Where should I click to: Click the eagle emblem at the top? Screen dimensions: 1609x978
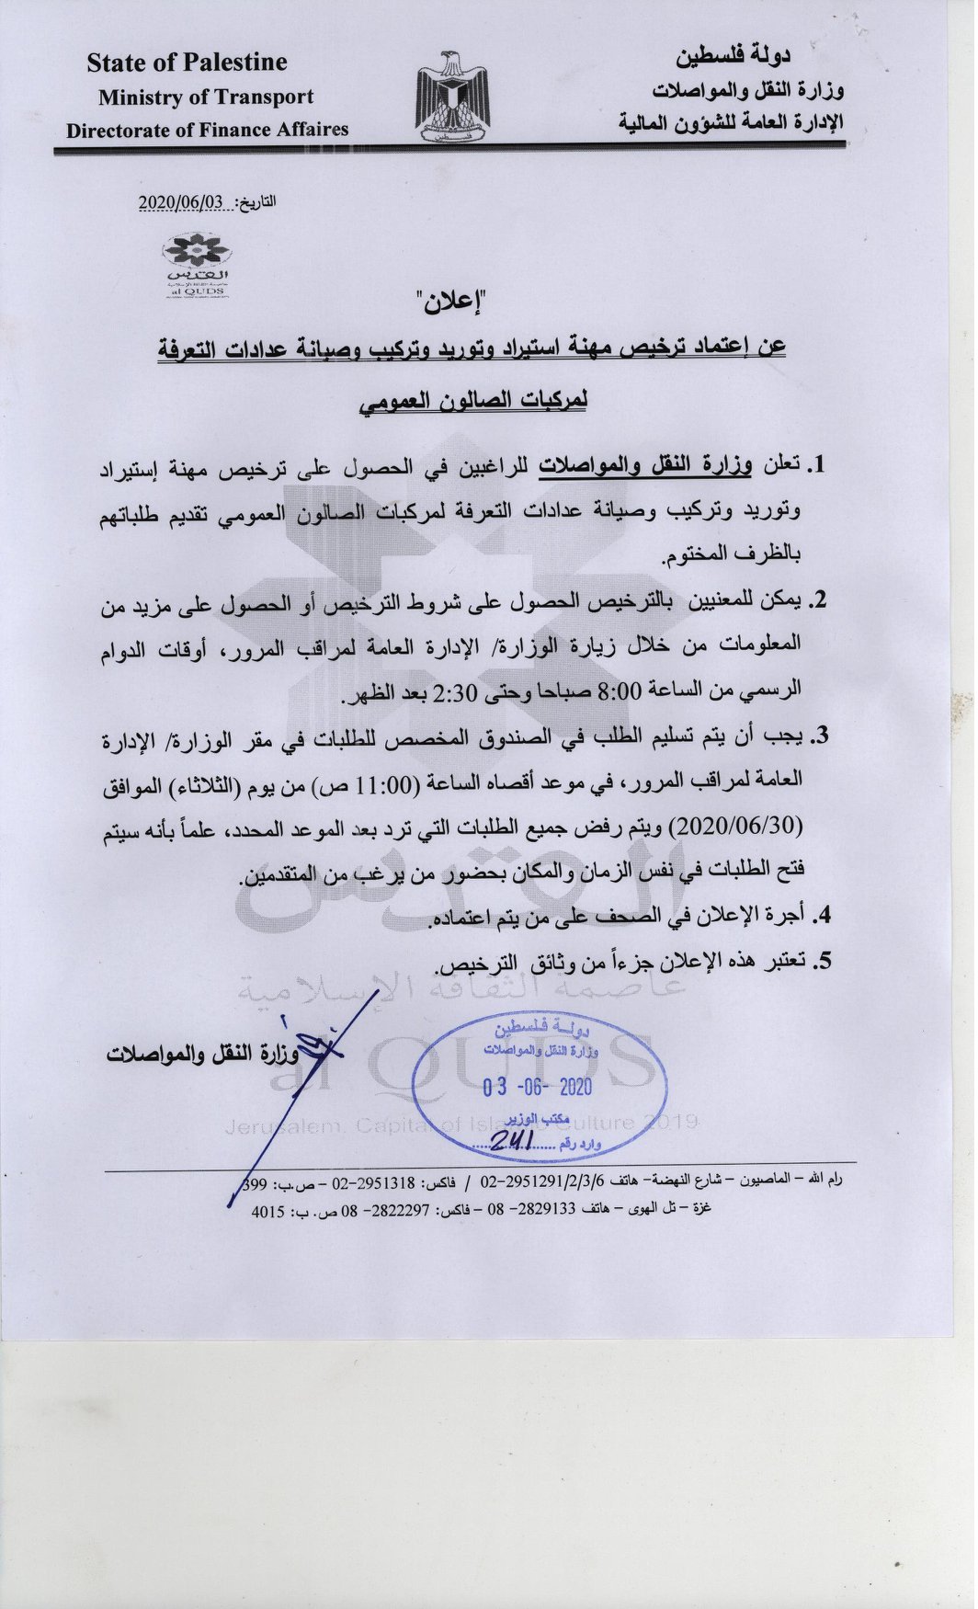coord(452,97)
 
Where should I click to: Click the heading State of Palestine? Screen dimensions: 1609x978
coord(187,63)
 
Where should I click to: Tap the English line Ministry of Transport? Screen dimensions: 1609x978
coord(206,97)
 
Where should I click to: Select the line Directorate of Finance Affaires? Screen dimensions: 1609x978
coord(207,130)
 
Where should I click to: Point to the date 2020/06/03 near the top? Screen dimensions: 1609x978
coord(182,202)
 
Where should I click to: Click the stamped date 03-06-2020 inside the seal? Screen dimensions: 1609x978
coord(538,1088)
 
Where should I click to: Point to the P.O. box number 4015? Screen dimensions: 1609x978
coord(268,1213)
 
